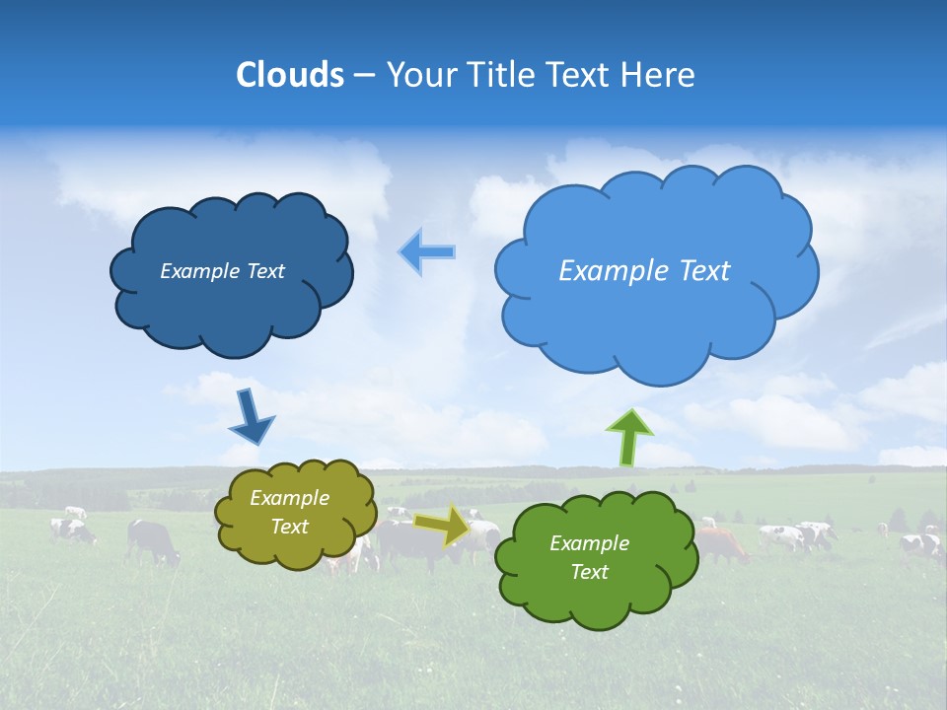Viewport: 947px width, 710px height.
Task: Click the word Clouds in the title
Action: [290, 75]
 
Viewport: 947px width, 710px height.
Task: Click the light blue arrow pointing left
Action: [427, 252]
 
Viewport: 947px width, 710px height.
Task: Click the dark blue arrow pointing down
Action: [251, 416]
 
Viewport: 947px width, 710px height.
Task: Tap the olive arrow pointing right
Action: [443, 525]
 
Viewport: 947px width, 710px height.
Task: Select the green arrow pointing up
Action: [628, 436]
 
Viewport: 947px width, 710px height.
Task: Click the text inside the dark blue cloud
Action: [222, 271]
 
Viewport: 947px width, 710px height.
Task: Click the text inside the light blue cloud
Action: [644, 271]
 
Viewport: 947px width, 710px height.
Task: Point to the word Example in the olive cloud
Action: [289, 498]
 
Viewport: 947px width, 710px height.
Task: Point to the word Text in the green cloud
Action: [589, 572]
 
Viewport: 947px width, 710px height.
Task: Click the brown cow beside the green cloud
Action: [722, 543]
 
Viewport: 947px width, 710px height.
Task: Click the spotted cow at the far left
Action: [73, 531]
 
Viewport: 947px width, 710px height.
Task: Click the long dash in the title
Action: [365, 76]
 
